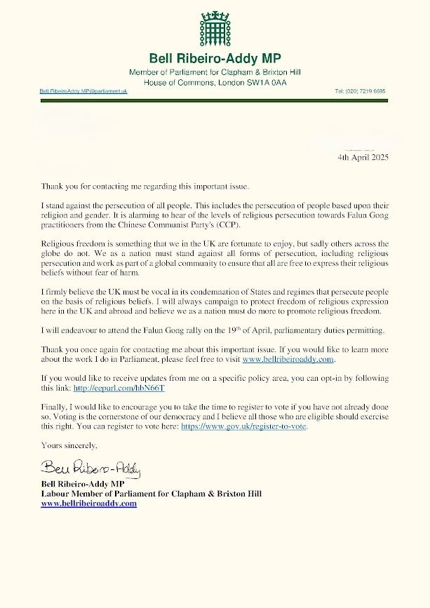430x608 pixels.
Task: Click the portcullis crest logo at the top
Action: pyautogui.click(x=214, y=29)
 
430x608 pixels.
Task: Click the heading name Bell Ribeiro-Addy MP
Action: pyautogui.click(x=215, y=58)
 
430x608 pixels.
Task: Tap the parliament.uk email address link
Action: pyautogui.click(x=83, y=92)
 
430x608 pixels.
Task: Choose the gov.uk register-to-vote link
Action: pyautogui.click(x=253, y=426)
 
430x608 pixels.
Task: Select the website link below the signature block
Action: pyautogui.click(x=88, y=504)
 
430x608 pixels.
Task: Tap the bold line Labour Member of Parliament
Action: pyautogui.click(x=151, y=494)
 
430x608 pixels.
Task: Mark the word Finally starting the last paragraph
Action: pyautogui.click(x=55, y=406)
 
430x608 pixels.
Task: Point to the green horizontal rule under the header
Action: pyautogui.click(x=214, y=100)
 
